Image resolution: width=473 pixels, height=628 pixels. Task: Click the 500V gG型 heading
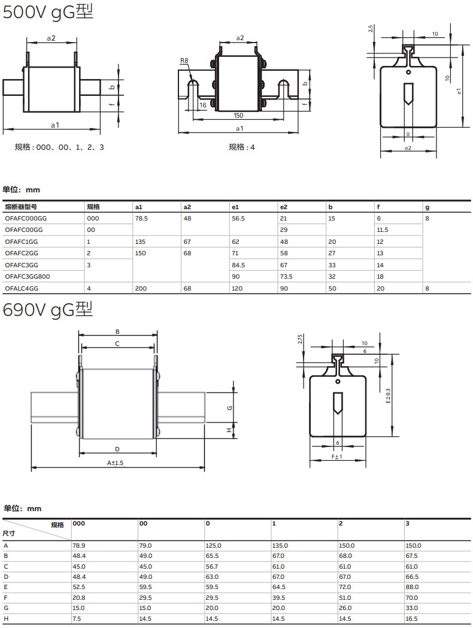(48, 12)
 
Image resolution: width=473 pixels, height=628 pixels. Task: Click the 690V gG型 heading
(48, 310)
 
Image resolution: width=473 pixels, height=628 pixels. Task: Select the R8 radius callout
(184, 61)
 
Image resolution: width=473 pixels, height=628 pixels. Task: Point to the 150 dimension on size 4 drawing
(238, 115)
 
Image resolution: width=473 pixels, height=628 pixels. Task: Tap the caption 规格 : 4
(242, 147)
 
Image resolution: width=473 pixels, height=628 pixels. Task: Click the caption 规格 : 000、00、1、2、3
(59, 147)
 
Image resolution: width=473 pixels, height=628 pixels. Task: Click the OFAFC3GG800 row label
(28, 276)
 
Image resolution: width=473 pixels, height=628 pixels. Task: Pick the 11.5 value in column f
(383, 230)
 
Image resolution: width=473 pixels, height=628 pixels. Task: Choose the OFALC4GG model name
(22, 288)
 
